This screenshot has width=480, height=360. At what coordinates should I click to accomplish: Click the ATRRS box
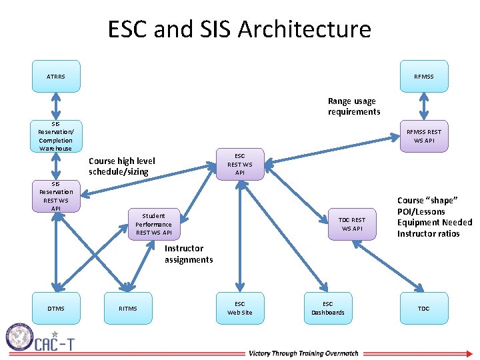click(x=56, y=77)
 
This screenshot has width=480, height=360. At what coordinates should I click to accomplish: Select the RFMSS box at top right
click(x=423, y=77)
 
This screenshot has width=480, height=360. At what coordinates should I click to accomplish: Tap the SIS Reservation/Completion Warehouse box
click(x=56, y=136)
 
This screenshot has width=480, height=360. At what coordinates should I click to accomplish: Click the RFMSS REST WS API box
click(x=423, y=136)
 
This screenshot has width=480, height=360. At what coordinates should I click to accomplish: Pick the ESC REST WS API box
click(x=240, y=165)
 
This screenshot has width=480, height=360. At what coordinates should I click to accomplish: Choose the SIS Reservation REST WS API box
click(x=56, y=196)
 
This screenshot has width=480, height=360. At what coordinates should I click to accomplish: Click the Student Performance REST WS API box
click(x=153, y=224)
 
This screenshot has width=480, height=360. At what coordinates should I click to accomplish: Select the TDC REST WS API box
click(x=352, y=224)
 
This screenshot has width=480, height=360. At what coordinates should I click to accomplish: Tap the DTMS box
click(x=56, y=308)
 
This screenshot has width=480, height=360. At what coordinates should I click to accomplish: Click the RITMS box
click(x=127, y=308)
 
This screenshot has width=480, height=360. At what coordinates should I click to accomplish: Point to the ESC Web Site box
click(x=240, y=308)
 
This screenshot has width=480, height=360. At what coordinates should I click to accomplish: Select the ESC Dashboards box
click(x=328, y=308)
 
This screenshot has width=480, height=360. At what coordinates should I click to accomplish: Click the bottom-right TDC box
click(x=423, y=308)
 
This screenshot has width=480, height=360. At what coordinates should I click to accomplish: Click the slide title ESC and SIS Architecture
click(x=239, y=29)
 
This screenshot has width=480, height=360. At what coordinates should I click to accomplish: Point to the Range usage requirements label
click(x=354, y=107)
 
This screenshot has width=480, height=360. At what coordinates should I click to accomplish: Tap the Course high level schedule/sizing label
click(x=122, y=167)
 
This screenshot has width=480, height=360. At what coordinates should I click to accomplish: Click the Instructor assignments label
click(x=189, y=254)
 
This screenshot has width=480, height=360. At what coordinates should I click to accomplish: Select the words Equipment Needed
click(x=434, y=223)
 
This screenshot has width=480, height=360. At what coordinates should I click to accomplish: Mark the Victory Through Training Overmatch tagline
click(x=303, y=353)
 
